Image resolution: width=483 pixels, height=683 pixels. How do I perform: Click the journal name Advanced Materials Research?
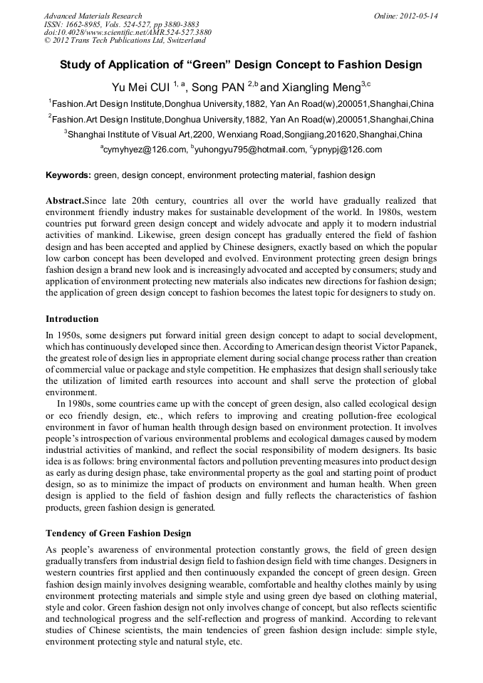tap(93, 16)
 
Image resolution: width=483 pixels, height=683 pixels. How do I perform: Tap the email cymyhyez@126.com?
tap(145, 150)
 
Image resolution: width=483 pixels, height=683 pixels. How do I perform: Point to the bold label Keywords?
tap(68, 175)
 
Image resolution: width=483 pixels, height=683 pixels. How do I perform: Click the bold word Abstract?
tap(64, 202)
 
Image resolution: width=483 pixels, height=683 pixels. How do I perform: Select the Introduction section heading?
tap(72, 318)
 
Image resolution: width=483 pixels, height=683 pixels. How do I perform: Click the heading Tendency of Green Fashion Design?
tap(118, 533)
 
